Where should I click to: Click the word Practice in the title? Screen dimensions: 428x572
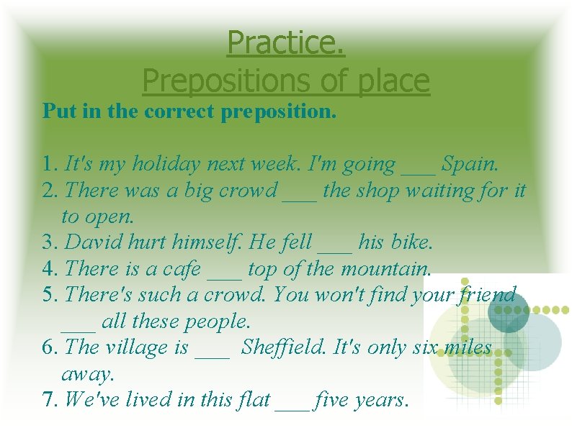[286, 43]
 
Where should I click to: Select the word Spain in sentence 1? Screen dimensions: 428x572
[469, 164]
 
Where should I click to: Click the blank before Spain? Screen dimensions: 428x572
[418, 167]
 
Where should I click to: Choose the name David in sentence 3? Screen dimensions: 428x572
[90, 242]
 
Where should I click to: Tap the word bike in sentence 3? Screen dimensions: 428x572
[411, 242]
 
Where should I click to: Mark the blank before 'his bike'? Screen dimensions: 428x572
[335, 245]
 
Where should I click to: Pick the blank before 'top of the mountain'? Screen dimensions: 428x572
[224, 272]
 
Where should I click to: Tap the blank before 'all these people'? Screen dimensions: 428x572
[78, 324]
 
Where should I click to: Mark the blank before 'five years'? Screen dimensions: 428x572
[292, 402]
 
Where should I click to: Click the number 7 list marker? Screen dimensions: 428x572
[49, 399]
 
